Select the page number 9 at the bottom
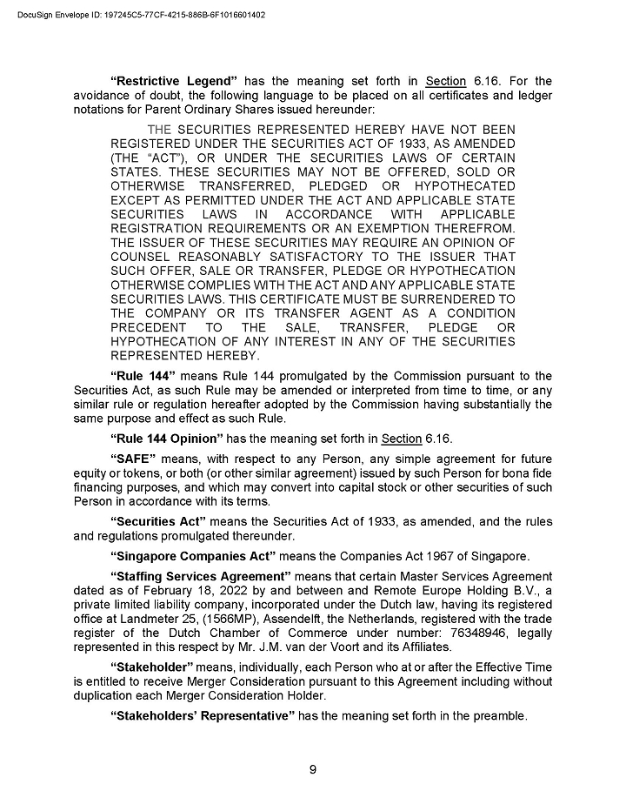313,767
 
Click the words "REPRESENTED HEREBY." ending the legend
185,356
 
